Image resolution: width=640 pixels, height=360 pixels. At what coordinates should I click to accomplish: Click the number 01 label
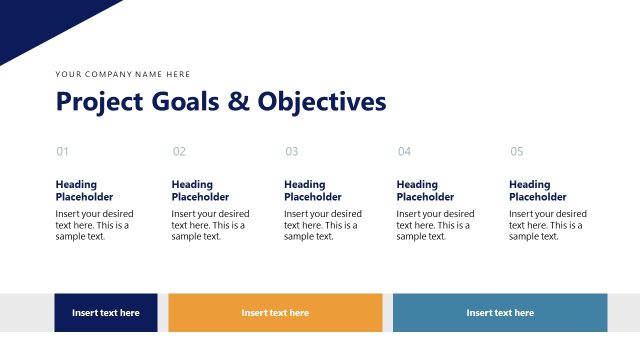tap(62, 152)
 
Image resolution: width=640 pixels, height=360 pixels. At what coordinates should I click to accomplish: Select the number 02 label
tap(179, 152)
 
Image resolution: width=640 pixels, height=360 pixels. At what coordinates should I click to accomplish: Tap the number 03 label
tap(291, 152)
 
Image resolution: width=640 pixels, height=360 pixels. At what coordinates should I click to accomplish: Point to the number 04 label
tap(404, 152)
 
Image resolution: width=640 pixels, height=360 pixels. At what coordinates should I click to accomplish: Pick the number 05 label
tap(516, 152)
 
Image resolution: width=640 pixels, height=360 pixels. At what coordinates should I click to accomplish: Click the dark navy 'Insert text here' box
tap(106, 313)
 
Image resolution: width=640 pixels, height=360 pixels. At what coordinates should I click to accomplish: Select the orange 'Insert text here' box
tap(275, 313)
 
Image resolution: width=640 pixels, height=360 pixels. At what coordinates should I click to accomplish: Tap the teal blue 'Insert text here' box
tap(500, 313)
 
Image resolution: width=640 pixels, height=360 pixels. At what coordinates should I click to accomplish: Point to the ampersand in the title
tap(238, 102)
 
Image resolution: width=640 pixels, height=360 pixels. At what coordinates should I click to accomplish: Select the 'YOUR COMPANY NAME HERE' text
tap(123, 74)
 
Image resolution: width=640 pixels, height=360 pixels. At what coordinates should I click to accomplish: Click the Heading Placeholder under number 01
tap(84, 191)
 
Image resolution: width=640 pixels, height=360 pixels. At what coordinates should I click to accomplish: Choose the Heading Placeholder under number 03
tap(313, 191)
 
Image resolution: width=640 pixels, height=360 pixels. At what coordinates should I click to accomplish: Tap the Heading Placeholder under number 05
tap(538, 191)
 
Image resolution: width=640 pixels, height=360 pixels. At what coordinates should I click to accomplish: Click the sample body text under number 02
tap(210, 225)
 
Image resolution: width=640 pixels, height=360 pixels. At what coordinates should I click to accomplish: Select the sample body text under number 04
tap(435, 225)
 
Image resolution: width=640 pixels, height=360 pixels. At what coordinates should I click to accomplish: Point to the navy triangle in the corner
tap(40, 20)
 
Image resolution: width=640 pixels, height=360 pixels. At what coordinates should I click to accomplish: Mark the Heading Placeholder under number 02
tap(200, 191)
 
